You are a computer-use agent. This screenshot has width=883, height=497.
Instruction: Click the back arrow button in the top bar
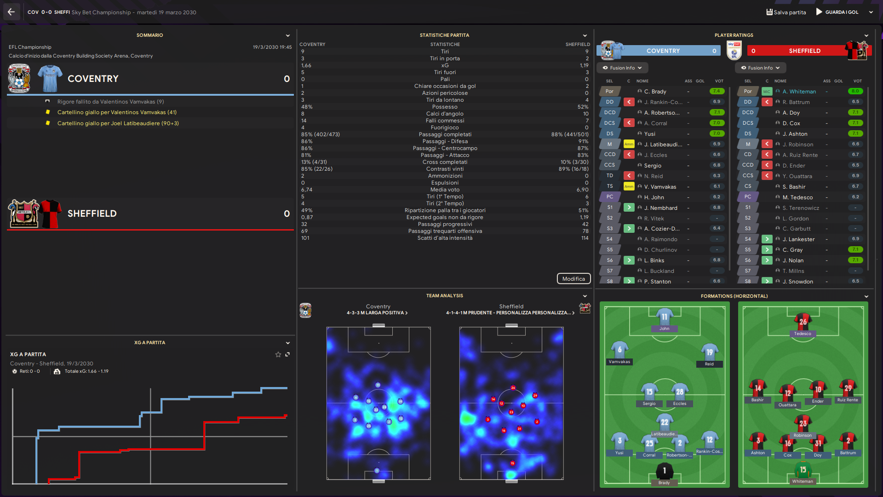click(11, 12)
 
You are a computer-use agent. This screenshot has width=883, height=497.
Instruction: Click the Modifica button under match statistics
click(573, 278)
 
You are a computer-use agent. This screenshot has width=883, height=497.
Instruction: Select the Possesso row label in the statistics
click(445, 107)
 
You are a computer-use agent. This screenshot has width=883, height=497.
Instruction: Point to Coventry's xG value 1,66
click(306, 65)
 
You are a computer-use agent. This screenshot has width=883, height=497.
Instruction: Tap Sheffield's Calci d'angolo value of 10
click(585, 114)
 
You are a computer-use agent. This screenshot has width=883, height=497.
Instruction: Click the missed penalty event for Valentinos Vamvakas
click(110, 102)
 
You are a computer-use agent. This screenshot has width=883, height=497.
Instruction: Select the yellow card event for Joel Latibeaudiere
click(118, 123)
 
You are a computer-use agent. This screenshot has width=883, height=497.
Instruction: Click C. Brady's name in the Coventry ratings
click(655, 92)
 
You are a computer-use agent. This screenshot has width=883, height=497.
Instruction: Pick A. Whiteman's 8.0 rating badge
click(855, 91)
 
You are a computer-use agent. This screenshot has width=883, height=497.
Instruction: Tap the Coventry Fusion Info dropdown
click(622, 68)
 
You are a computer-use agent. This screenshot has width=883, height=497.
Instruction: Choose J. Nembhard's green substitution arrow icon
click(629, 208)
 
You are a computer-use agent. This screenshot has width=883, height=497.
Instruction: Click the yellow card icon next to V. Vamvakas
click(629, 186)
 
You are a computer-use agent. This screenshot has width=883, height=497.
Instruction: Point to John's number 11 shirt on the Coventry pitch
click(664, 317)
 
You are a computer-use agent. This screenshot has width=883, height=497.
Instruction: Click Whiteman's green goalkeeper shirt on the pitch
click(803, 470)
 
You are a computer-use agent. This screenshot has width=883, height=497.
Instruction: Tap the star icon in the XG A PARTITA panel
click(278, 354)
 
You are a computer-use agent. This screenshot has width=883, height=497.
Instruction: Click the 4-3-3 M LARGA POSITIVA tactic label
click(377, 313)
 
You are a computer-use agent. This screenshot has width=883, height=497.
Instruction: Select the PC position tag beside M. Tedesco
click(748, 197)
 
